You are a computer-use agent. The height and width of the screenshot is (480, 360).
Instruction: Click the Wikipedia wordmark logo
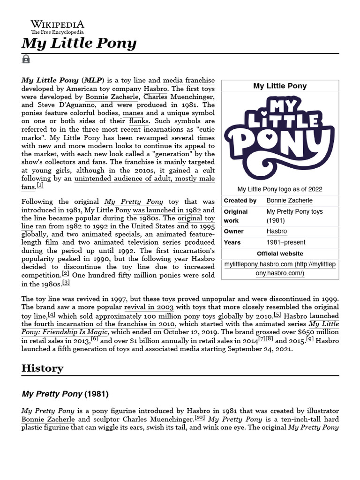[x=58, y=27]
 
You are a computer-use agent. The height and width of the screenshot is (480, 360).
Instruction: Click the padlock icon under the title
[x=26, y=60]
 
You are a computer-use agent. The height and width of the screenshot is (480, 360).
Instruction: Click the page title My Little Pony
[x=79, y=44]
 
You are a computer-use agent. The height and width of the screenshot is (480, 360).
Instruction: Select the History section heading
[x=42, y=368]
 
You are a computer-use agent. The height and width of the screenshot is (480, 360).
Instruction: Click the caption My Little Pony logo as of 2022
[x=280, y=189]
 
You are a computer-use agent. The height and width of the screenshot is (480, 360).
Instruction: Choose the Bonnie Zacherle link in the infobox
[x=289, y=201]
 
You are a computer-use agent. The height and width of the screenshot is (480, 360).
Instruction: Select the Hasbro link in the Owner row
[x=277, y=232]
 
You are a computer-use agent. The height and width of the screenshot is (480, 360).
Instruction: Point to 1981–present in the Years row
[x=285, y=243]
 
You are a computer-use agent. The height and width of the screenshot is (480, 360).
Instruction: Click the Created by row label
[x=240, y=201]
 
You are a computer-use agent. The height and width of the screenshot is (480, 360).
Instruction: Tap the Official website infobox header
[x=280, y=254]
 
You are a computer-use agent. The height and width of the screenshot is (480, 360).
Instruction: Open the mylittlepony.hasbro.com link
[x=280, y=269]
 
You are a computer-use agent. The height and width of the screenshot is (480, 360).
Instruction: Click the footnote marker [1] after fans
[x=40, y=186]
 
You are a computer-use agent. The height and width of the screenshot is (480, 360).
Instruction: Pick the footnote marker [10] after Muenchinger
[x=200, y=418]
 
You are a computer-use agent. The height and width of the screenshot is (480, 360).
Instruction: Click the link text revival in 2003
[x=149, y=307]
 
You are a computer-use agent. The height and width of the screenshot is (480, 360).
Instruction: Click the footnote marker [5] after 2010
[x=277, y=315]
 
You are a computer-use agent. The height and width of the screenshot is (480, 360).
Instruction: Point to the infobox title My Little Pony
[x=280, y=86]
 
